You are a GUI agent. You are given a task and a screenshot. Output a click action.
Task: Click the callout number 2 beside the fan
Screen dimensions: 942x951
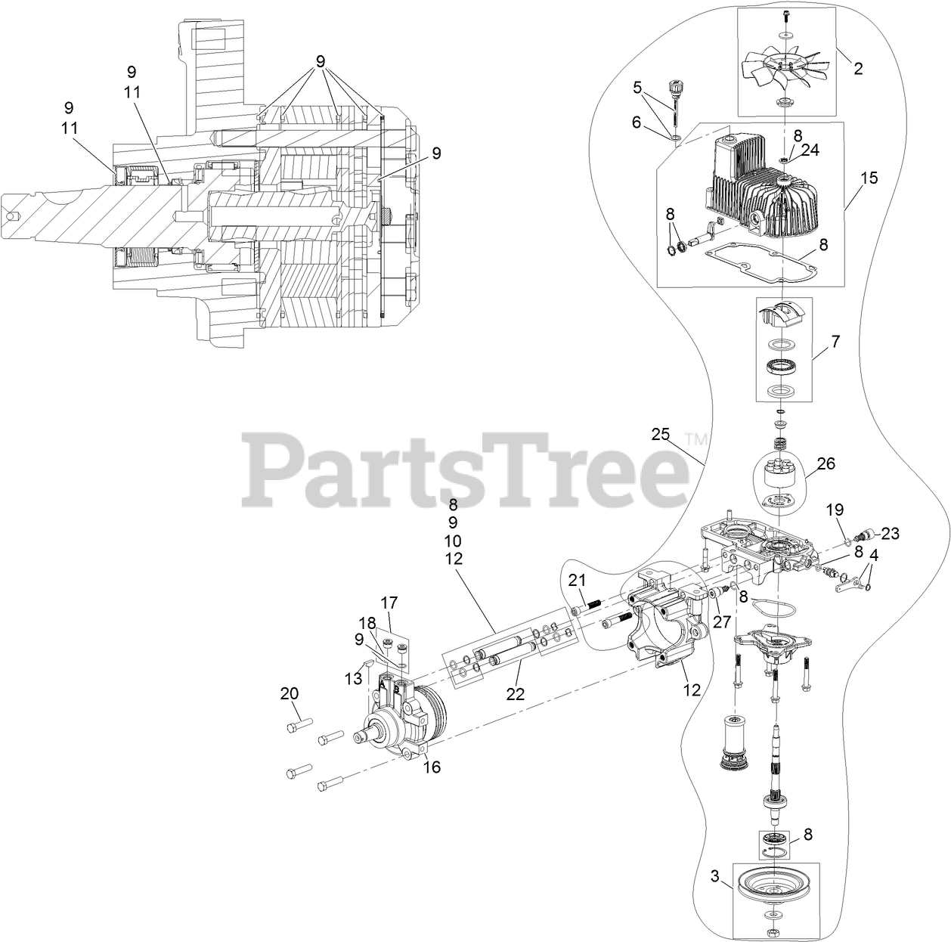click(x=858, y=69)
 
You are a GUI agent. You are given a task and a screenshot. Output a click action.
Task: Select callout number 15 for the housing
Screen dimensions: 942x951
click(x=869, y=178)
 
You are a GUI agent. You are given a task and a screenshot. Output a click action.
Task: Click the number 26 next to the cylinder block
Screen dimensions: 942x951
click(x=826, y=463)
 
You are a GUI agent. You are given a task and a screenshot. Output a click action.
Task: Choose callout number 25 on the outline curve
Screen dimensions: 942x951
click(x=660, y=434)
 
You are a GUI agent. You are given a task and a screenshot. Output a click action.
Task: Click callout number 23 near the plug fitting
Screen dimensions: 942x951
click(x=890, y=533)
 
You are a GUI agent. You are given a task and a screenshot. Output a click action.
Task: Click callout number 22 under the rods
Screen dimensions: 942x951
click(x=516, y=695)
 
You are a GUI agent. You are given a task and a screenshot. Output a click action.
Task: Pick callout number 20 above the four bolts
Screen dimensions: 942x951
click(x=289, y=693)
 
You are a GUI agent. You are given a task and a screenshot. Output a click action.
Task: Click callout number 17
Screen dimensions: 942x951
click(x=389, y=603)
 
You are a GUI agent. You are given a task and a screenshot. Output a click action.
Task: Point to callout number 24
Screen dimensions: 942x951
click(x=810, y=150)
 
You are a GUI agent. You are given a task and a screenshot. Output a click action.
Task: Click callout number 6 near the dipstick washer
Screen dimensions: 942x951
click(x=636, y=121)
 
